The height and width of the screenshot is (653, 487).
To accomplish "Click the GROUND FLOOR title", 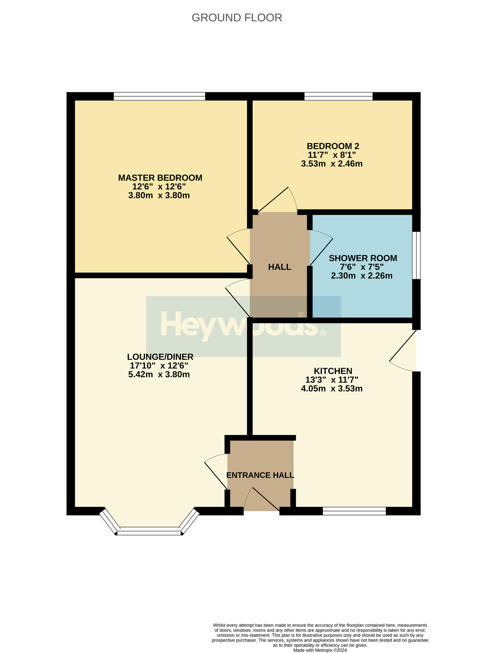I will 237,18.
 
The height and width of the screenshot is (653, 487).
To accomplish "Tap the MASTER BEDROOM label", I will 160,178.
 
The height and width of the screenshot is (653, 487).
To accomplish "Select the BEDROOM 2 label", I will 333,146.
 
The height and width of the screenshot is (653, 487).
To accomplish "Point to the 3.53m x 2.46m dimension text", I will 332,164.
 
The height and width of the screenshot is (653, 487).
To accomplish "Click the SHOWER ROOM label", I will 363,258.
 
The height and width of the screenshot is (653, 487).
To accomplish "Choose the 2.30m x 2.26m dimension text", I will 362,276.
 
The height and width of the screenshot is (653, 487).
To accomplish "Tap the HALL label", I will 280,267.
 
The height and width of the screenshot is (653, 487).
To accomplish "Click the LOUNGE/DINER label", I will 160,357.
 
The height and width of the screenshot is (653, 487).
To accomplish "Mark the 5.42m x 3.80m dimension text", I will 159,375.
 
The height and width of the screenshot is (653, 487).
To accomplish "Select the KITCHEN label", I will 333,371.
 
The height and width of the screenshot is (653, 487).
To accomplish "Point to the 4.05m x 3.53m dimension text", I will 332,389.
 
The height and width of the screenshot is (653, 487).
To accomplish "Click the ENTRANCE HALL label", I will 260,475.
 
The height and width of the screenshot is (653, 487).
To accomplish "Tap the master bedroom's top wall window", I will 159,97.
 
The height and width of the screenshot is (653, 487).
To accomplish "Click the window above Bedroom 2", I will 338,97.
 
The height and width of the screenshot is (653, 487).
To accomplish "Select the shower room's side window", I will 416,255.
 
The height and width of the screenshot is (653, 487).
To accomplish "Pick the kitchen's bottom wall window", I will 354,511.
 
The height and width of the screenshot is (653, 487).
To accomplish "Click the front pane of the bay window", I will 149,531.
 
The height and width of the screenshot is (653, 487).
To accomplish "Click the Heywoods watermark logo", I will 243,326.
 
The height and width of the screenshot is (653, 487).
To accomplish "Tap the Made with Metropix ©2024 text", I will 320,650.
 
